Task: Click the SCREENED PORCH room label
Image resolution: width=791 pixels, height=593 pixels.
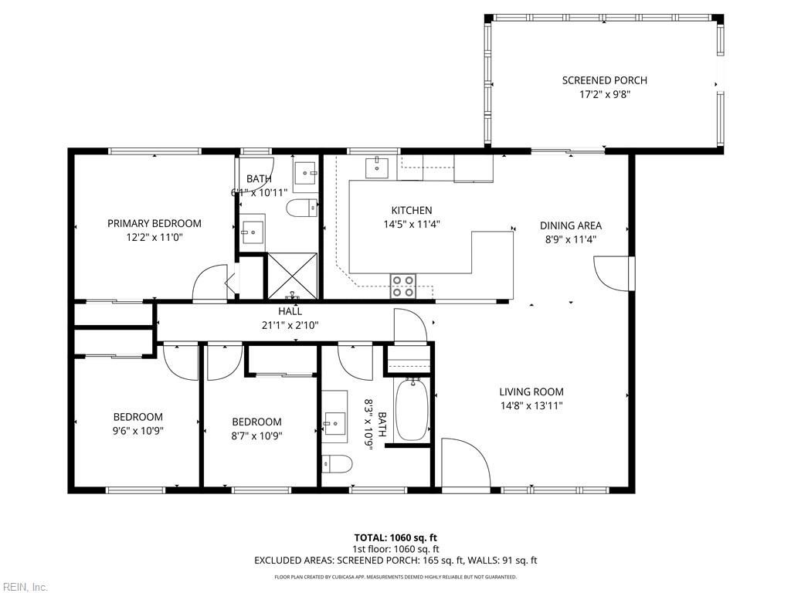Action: coord(604,80)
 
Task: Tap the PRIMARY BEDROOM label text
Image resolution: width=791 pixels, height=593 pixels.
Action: coord(154,223)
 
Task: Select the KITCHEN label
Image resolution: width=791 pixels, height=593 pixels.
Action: coord(411,210)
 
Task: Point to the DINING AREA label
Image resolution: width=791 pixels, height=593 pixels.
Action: coord(570,225)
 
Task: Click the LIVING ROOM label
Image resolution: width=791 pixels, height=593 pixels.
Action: coord(531,391)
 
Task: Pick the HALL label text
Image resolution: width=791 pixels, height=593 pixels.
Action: coord(290,311)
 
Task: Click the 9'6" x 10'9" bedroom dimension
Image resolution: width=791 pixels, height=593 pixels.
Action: coord(138,431)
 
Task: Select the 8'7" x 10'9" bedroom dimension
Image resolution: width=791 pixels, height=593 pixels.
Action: coord(256,435)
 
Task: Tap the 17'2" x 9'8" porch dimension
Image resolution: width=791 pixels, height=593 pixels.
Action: coord(604,94)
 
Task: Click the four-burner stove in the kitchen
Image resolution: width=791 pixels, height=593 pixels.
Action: coord(403,286)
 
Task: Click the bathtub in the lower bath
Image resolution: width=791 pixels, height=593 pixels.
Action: coord(411,409)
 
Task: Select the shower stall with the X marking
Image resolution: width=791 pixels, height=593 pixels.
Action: coord(292,275)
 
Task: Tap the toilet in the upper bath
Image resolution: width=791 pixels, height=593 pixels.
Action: coord(301,207)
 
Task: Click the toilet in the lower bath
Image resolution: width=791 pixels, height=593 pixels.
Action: coord(338,463)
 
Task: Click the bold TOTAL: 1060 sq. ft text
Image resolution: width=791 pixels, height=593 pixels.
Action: coord(395,537)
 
